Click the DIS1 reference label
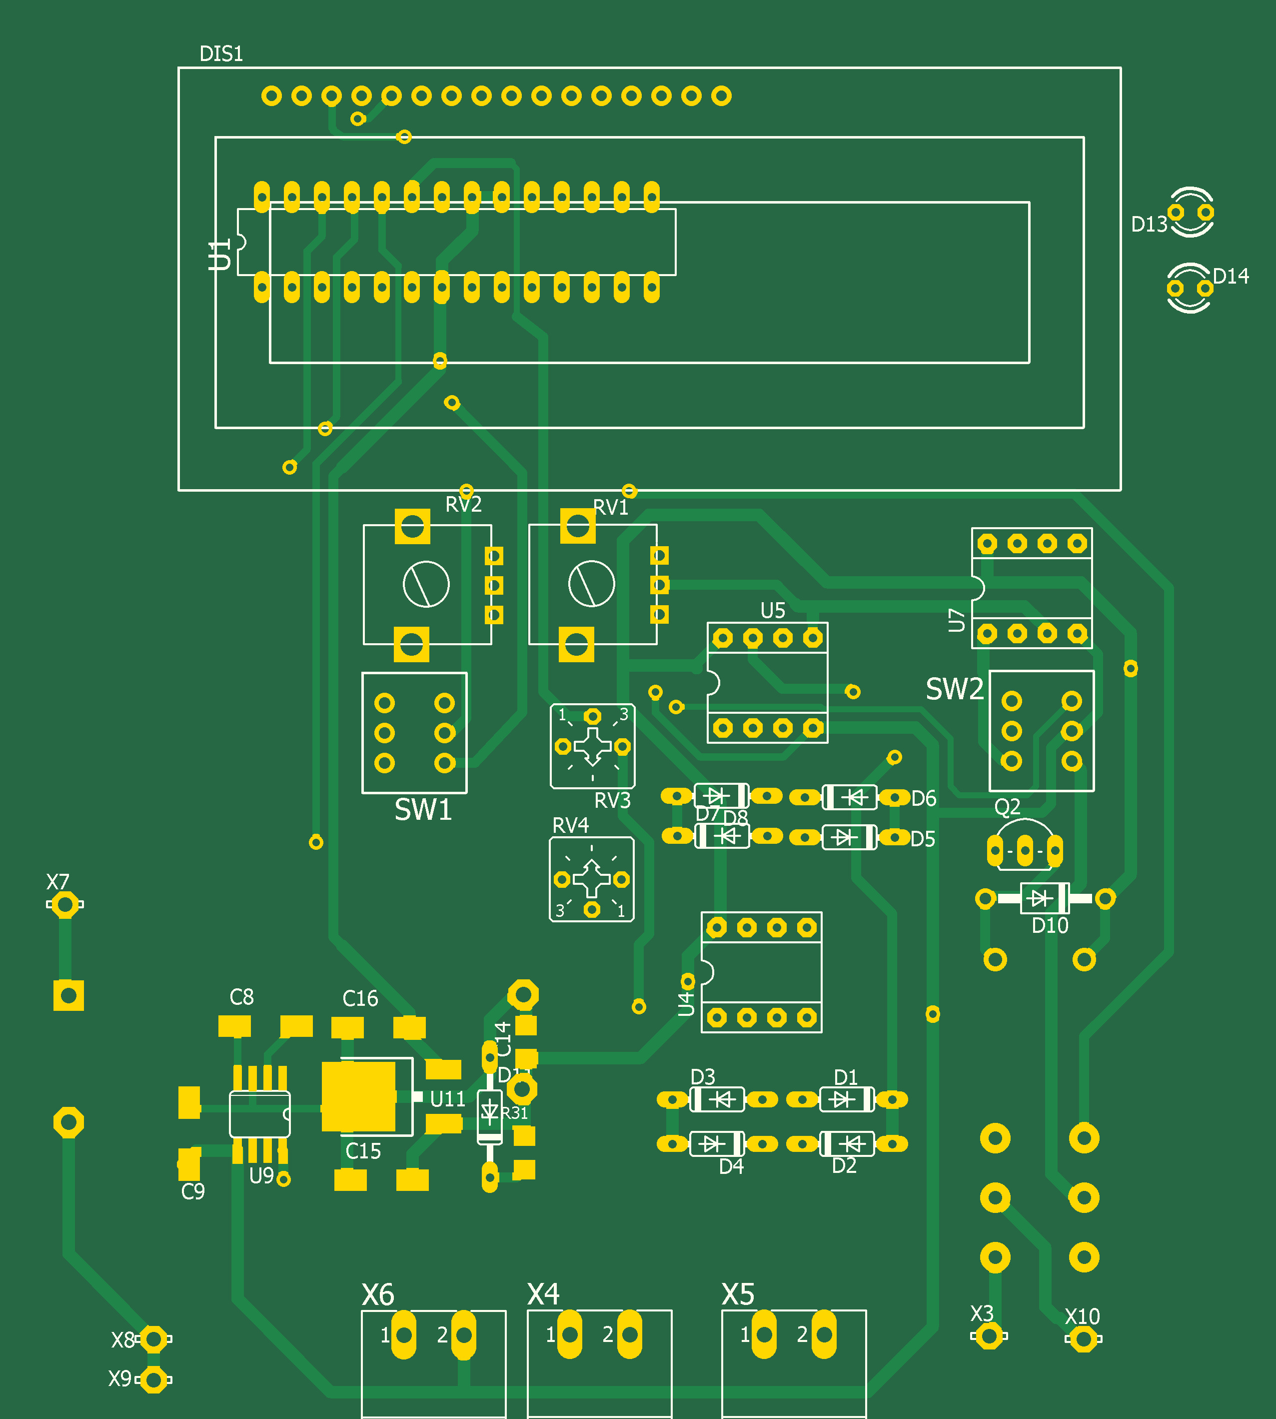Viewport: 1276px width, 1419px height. [x=221, y=54]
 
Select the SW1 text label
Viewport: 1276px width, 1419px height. [x=423, y=810]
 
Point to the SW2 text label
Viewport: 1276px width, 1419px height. [x=954, y=690]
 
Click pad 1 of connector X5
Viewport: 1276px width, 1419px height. [x=764, y=1334]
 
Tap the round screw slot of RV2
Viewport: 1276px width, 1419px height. [x=426, y=584]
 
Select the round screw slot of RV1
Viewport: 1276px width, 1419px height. [x=592, y=584]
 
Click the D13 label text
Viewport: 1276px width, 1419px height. [x=1149, y=225]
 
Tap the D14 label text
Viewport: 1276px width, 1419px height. [x=1231, y=277]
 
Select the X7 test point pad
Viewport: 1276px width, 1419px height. [x=65, y=905]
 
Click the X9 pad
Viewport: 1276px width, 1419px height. [x=153, y=1379]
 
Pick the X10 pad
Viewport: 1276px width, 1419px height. [x=1083, y=1339]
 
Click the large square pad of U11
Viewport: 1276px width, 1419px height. [x=358, y=1096]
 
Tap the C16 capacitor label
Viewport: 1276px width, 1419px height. [x=360, y=998]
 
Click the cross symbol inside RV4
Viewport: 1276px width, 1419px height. [x=592, y=879]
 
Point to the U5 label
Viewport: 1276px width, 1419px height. [x=773, y=611]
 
